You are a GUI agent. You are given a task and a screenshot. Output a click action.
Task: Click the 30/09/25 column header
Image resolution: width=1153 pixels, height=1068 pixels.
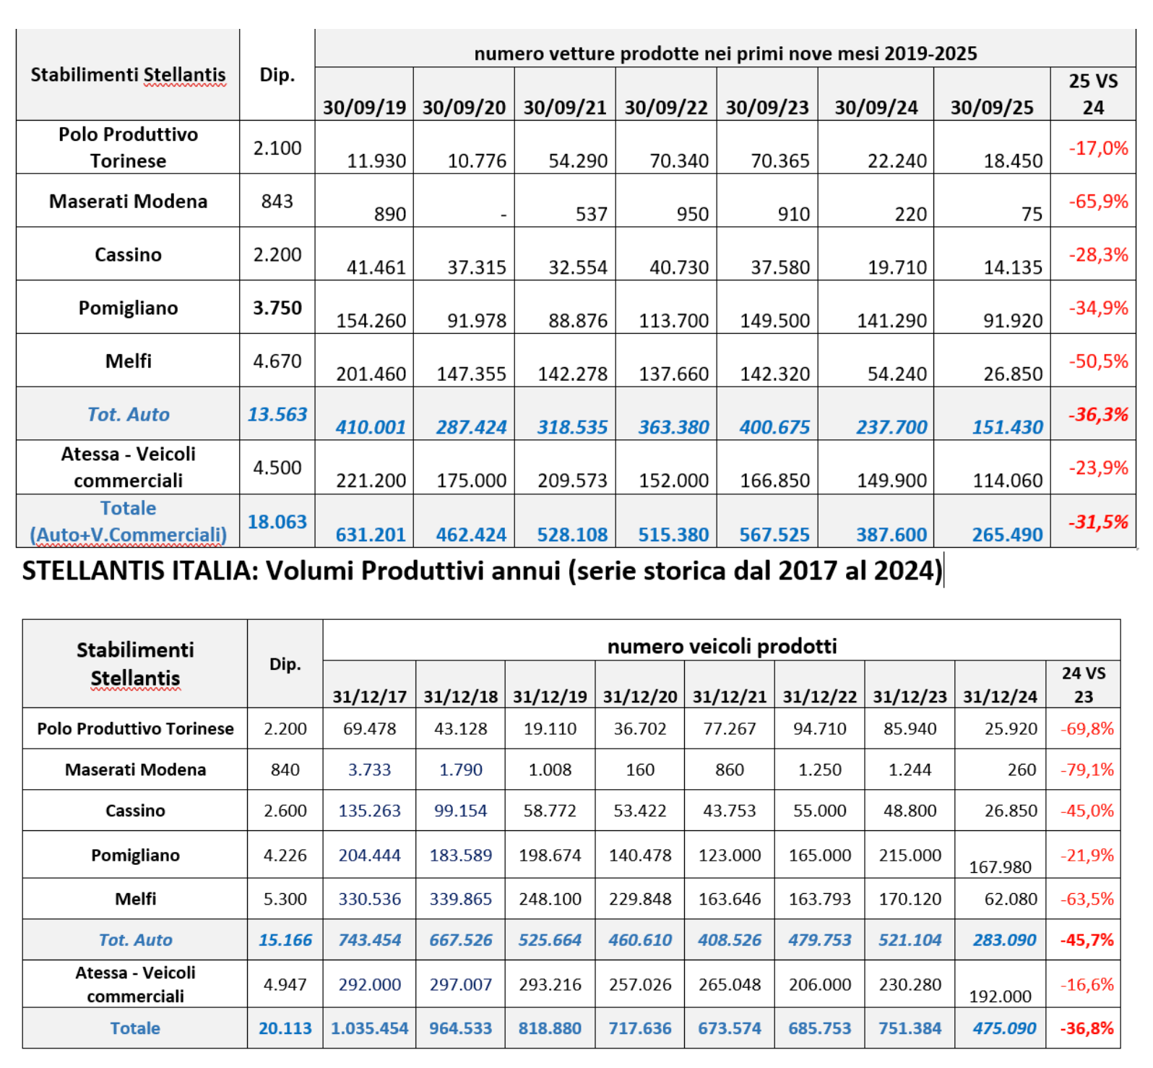click(991, 108)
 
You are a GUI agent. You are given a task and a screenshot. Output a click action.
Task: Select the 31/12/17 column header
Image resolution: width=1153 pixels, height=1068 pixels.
click(369, 697)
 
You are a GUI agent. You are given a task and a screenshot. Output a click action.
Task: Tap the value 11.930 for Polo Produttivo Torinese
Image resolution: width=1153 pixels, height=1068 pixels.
click(376, 160)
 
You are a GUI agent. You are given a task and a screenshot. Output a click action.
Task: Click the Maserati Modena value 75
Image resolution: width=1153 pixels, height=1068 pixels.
click(1032, 214)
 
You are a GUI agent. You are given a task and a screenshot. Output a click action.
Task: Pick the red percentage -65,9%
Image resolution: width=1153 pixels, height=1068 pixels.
click(1098, 201)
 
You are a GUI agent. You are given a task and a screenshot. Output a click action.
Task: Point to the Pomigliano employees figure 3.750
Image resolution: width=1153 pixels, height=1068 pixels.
click(277, 308)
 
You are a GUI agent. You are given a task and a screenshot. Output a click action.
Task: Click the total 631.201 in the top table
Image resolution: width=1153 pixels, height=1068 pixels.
click(371, 535)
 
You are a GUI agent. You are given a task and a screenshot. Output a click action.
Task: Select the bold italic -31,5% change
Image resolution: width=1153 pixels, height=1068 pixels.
click(1098, 522)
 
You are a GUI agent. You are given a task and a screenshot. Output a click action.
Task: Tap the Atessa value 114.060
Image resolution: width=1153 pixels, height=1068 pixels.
click(1007, 481)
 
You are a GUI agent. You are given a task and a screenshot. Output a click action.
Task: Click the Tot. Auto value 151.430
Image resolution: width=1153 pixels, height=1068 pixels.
click(1007, 427)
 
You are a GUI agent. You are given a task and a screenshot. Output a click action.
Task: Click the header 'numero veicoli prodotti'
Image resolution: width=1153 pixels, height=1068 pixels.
click(722, 646)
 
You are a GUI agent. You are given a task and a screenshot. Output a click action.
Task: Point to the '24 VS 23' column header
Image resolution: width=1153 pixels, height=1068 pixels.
click(1083, 684)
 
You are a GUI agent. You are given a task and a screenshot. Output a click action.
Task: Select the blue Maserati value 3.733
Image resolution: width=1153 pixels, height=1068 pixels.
click(369, 770)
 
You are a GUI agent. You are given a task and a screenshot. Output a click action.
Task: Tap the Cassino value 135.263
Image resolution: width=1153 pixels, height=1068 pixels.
click(369, 811)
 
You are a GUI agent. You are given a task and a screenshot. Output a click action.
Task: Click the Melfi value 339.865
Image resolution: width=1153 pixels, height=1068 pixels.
click(460, 899)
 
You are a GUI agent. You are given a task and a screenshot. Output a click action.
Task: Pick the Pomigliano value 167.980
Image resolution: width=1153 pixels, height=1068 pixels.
click(1000, 866)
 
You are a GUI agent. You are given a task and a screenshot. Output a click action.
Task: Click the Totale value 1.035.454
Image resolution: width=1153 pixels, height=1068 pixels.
click(369, 1028)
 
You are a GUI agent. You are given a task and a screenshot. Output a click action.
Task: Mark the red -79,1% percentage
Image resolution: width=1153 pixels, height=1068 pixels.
click(1087, 770)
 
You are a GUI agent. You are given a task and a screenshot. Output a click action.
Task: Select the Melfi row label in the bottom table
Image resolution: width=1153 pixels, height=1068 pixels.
click(135, 899)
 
